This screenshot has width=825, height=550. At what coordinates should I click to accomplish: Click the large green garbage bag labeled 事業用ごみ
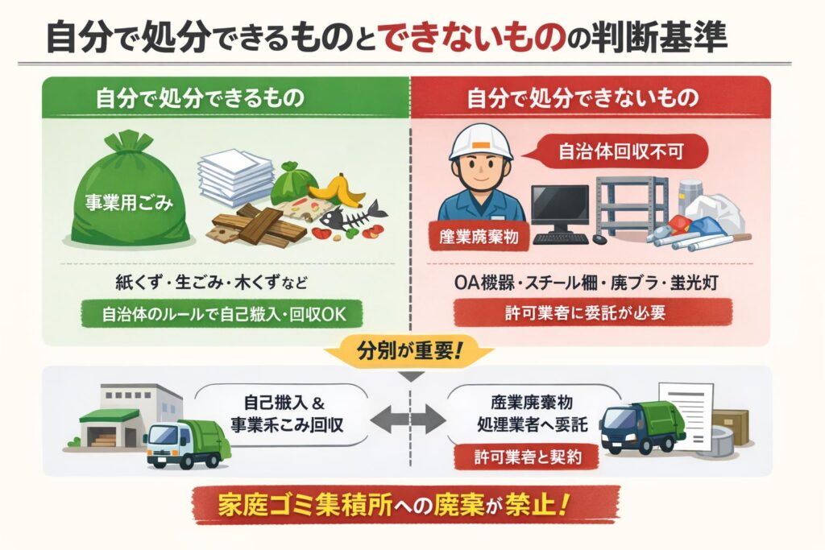point(129,197)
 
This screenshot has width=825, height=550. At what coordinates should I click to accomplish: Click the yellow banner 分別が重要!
point(411,352)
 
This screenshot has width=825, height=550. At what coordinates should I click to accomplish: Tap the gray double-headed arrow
point(411,420)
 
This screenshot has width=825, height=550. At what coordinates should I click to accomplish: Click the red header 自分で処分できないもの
point(591,98)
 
